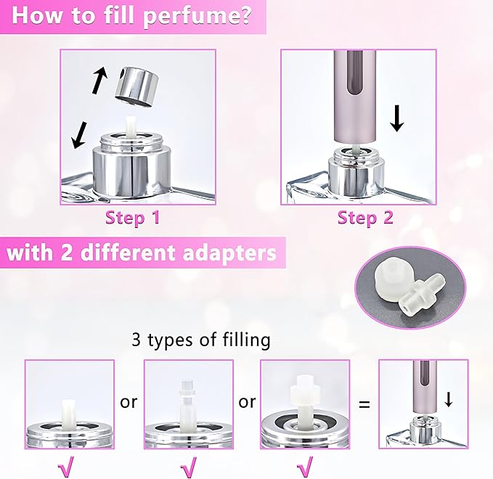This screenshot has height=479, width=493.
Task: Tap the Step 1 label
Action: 132,217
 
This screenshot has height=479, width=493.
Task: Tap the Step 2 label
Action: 365,217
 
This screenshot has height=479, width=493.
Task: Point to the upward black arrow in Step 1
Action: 99,79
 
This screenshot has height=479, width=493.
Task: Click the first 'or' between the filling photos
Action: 129,401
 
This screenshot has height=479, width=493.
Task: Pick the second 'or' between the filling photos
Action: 247,401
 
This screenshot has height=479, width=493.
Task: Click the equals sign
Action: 364,401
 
